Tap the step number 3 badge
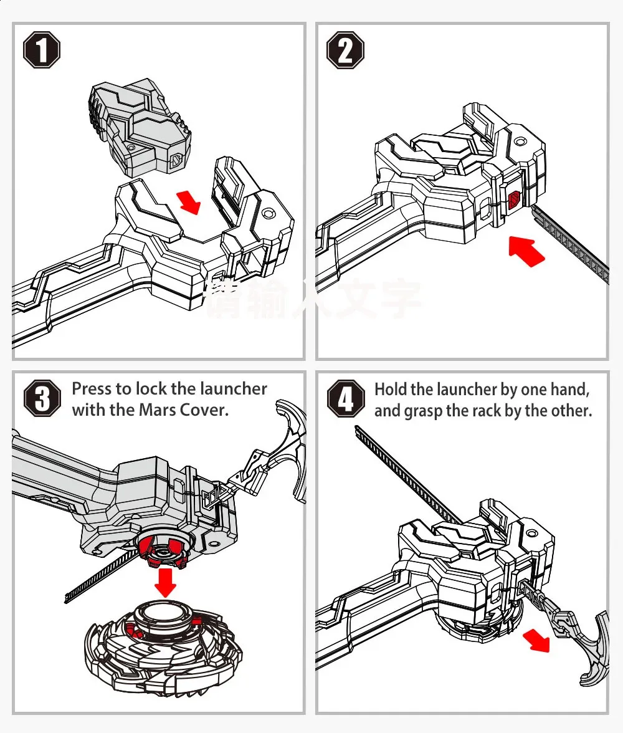click(42, 399)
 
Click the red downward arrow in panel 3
click(165, 581)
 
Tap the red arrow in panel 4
click(536, 640)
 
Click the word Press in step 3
click(93, 389)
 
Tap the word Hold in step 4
click(390, 390)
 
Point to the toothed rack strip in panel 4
click(405, 474)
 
